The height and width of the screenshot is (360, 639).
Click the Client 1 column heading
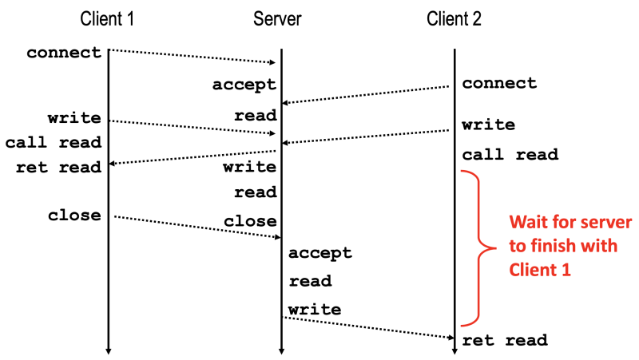(x=108, y=18)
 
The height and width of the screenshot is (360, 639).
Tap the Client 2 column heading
(x=454, y=18)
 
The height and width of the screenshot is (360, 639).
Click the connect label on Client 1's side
(x=64, y=53)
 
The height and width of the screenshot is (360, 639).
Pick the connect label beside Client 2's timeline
(x=499, y=83)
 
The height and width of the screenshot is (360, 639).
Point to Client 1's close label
(x=74, y=215)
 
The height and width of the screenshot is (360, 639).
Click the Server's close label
(x=250, y=221)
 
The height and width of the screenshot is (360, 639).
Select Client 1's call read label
(x=54, y=143)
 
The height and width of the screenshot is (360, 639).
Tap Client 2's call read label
(x=510, y=154)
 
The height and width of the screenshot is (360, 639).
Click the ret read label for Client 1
(x=58, y=167)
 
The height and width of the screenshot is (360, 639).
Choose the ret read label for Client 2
(x=505, y=340)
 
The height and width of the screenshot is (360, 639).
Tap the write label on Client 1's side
(x=74, y=118)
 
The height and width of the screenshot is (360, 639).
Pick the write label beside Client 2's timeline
(x=488, y=125)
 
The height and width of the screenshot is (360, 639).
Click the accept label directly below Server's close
(x=319, y=253)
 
